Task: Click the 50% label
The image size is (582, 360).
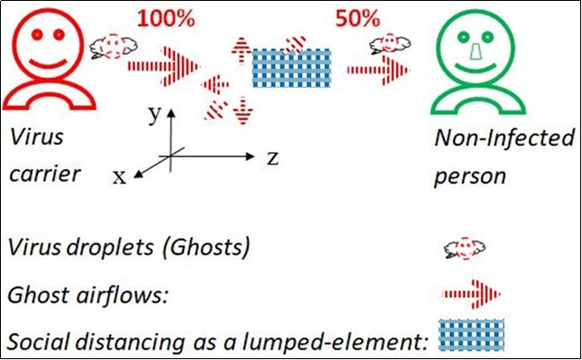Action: (x=356, y=18)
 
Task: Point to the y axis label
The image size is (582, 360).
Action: (x=154, y=113)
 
